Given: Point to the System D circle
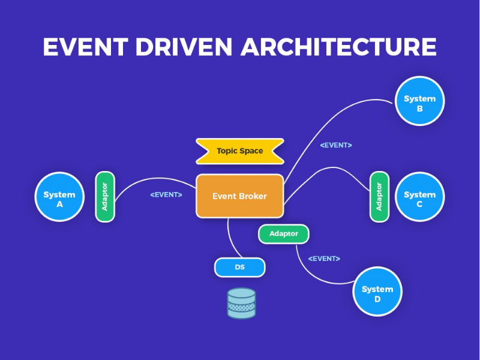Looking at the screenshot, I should [377, 292].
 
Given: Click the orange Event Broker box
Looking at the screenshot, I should [239, 196].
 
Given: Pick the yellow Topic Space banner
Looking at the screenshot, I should [239, 151].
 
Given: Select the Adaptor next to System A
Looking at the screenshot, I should [105, 196].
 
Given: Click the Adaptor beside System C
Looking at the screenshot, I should [379, 196].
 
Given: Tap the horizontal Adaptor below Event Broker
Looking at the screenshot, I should [283, 233].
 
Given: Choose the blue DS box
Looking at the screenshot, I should [239, 268].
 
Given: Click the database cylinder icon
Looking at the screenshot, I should [241, 303].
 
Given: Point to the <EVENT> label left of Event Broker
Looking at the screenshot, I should [166, 194].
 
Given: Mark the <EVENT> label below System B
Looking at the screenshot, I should [336, 145].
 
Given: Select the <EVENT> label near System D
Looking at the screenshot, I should [324, 259].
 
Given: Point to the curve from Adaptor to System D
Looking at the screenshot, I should [312, 272].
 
